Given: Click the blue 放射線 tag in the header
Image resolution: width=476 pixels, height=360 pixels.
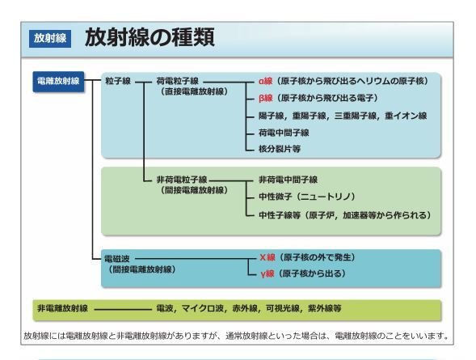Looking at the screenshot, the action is coord(50,39).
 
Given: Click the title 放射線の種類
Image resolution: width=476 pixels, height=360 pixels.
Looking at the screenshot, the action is coord(150,37).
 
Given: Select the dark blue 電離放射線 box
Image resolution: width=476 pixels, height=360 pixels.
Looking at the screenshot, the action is coord(58,82).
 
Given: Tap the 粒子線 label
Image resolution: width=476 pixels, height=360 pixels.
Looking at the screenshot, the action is coord(118,81).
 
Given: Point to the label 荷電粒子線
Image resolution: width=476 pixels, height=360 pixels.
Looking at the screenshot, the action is coord(178,81).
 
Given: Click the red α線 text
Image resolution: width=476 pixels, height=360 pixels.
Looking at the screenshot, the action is coord(266,81).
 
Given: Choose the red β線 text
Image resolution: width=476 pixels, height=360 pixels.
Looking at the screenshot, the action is coord(266,98).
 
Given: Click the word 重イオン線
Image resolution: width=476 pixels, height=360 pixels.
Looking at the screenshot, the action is coord(406,116).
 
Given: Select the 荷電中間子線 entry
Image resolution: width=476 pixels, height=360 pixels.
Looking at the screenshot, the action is coord(284,133).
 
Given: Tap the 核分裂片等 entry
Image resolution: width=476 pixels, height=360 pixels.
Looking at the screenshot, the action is coord(280,149).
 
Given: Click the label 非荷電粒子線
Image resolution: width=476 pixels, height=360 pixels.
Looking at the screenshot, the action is coord(182,180).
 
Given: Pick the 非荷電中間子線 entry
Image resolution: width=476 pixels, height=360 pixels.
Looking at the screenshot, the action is coord(288,180).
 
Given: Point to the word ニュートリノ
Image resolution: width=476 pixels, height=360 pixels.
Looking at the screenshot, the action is coord(326,197).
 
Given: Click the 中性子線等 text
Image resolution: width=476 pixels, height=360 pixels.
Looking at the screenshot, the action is coord(280,215).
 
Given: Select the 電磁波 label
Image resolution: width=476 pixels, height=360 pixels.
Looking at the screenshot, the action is coord(117,259).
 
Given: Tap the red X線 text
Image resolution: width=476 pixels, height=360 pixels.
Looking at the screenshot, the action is coord(267,257).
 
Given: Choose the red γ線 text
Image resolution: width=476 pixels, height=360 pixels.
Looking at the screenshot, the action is coord(267,273).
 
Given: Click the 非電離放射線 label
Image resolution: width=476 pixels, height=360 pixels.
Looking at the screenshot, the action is coord(62,309).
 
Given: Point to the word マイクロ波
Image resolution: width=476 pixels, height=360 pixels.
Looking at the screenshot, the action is coord(203,309).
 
